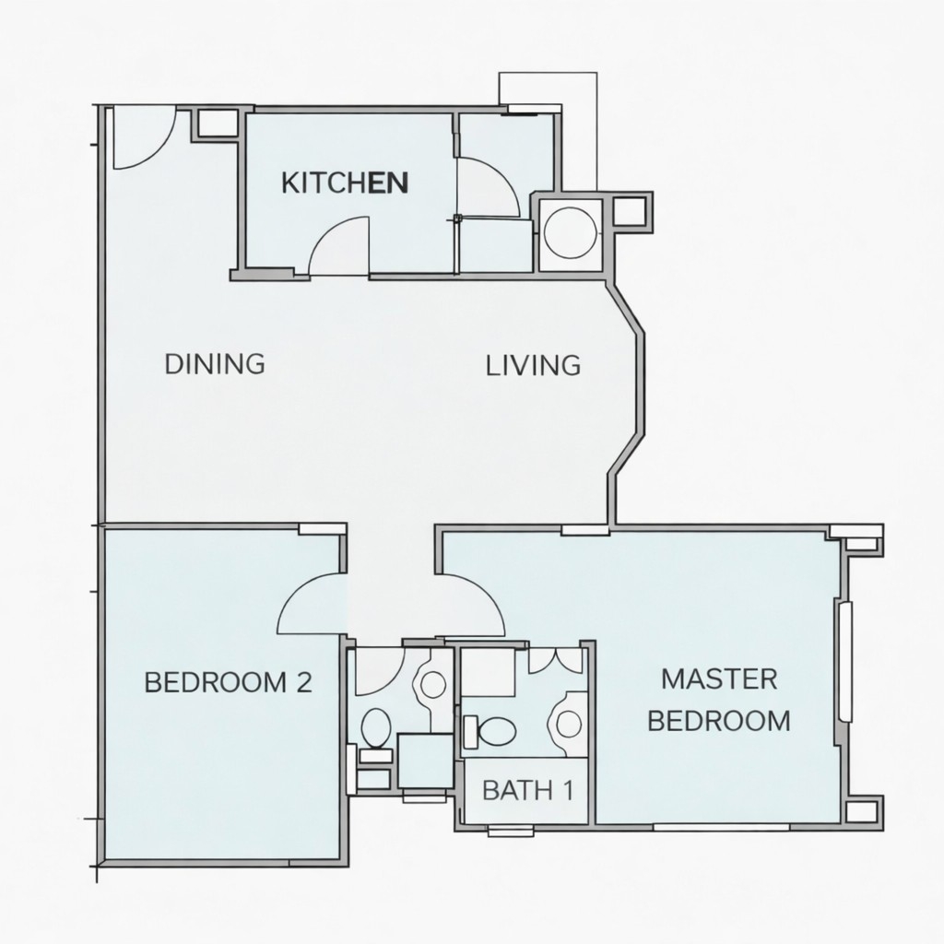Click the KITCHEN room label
(345, 183)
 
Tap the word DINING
(215, 364)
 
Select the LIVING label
(534, 366)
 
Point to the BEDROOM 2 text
(229, 683)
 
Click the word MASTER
(719, 679)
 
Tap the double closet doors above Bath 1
(556, 660)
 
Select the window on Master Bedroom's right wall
(845, 661)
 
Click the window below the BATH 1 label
(511, 832)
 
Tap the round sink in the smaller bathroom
(433, 684)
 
